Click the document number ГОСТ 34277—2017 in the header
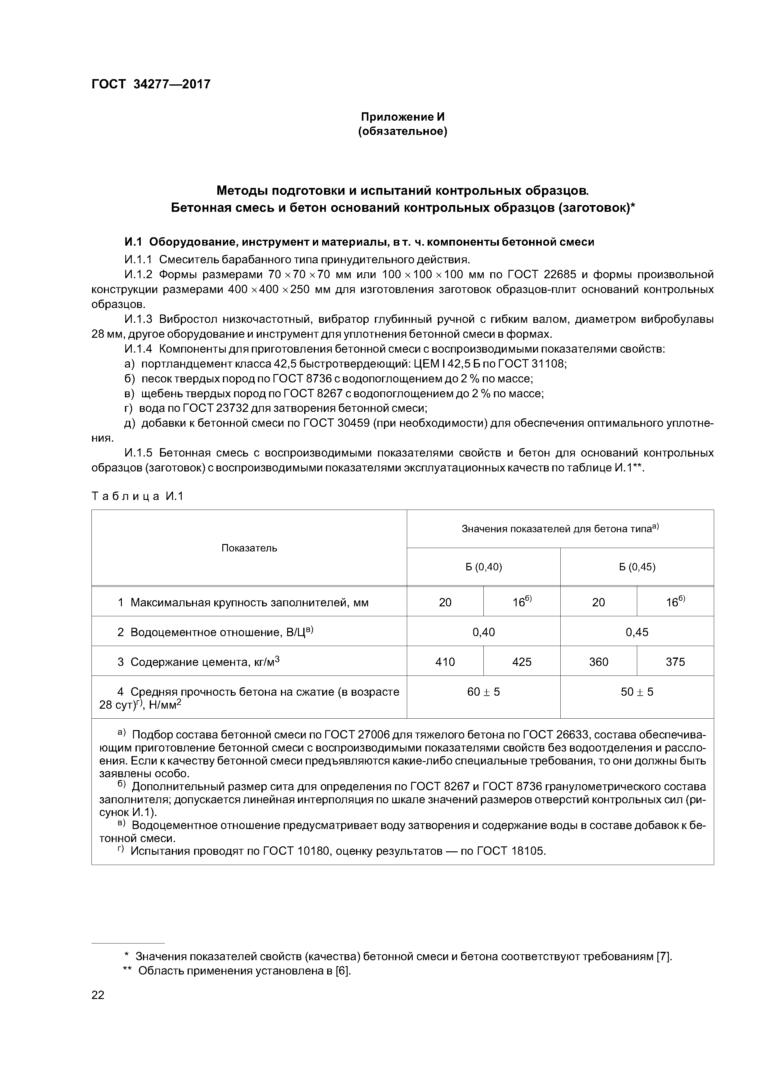coord(151,84)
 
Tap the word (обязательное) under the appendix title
coord(403,131)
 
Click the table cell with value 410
coord(445,662)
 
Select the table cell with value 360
coord(598,662)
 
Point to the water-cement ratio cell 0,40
coord(483,632)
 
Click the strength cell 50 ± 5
coord(637,692)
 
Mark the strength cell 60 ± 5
coord(483,692)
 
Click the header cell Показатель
coord(249,548)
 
